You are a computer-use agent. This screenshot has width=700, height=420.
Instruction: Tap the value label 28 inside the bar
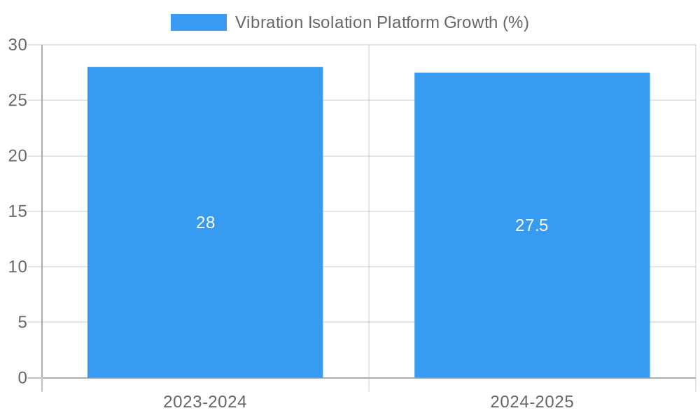pyautogui.click(x=205, y=223)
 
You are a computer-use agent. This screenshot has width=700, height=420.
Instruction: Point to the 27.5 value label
pyautogui.click(x=532, y=225)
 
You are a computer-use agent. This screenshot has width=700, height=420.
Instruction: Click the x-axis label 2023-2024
pyautogui.click(x=205, y=402)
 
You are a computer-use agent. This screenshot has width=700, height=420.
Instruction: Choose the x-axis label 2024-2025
pyautogui.click(x=532, y=402)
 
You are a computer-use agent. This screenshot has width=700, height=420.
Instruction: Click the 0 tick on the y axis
pyautogui.click(x=22, y=378)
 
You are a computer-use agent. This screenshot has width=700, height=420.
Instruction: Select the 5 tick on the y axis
pyautogui.click(x=22, y=323)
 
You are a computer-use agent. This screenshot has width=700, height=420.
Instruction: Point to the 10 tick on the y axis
pyautogui.click(x=17, y=267)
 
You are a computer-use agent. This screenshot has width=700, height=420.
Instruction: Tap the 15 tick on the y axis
pyautogui.click(x=17, y=211)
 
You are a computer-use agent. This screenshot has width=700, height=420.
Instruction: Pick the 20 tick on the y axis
pyautogui.click(x=17, y=156)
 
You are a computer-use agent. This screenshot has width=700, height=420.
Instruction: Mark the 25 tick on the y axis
pyautogui.click(x=17, y=100)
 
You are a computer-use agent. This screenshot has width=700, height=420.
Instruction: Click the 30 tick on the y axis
pyautogui.click(x=17, y=45)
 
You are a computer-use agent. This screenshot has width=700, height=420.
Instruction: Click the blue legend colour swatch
pyautogui.click(x=199, y=22)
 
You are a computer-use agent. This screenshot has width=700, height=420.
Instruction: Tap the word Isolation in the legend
pyautogui.click(x=339, y=22)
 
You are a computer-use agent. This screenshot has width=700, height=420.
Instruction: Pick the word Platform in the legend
pyautogui.click(x=408, y=22)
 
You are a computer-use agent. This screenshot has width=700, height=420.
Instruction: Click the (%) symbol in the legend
pyautogui.click(x=516, y=22)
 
